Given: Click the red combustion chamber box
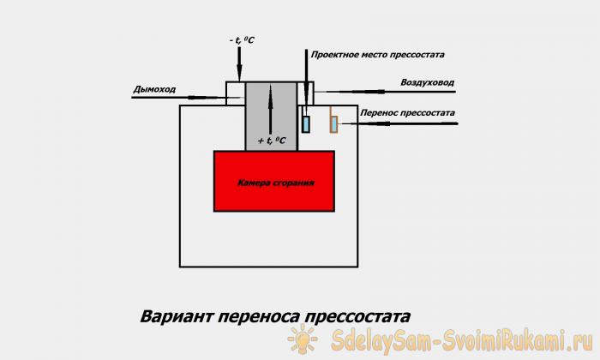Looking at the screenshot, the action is pyautogui.click(x=274, y=182).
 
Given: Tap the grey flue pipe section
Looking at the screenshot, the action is pyautogui.click(x=271, y=117).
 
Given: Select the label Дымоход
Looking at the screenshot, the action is pyautogui.click(x=154, y=89).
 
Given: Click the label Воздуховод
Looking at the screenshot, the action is pyautogui.click(x=428, y=82).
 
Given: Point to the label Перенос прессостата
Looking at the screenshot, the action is pyautogui.click(x=407, y=113).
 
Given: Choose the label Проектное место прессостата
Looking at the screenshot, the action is pyautogui.click(x=378, y=55).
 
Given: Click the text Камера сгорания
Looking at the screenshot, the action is pyautogui.click(x=276, y=183).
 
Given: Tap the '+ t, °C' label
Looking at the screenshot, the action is pyautogui.click(x=272, y=141).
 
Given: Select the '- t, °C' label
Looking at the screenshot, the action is pyautogui.click(x=242, y=40).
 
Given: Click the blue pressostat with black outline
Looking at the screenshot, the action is pyautogui.click(x=306, y=123).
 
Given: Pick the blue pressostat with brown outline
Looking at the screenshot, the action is pyautogui.click(x=334, y=124).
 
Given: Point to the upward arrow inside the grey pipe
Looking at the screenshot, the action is pyautogui.click(x=271, y=110).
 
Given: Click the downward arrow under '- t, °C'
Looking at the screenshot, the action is pyautogui.click(x=239, y=63).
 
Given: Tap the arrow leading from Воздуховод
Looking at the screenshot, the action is pyautogui.click(x=386, y=92).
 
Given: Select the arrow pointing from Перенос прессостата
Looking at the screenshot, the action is pyautogui.click(x=399, y=123).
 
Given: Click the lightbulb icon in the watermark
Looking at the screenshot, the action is pyautogui.click(x=303, y=339).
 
